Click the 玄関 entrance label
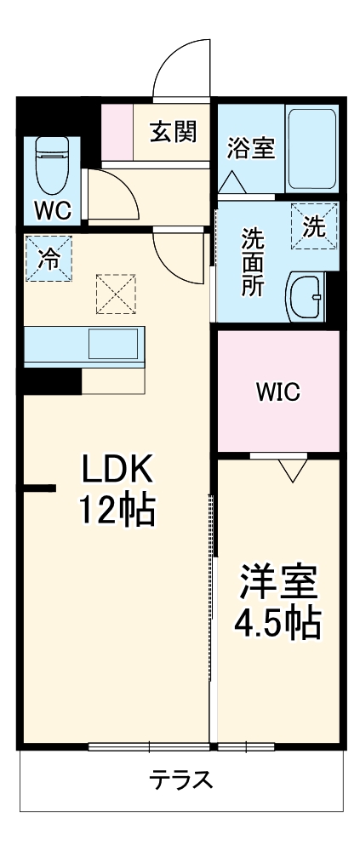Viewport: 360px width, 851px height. click(174, 132)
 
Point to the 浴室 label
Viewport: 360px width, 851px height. click(250, 148)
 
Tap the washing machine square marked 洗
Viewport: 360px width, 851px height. click(314, 226)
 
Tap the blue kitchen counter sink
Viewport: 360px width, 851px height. click(112, 345)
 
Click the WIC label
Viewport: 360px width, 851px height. click(278, 392)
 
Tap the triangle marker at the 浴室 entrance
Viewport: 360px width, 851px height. click(232, 182)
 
